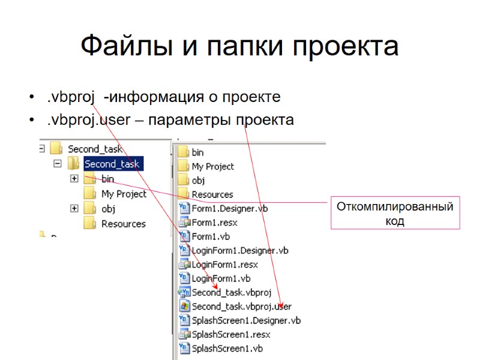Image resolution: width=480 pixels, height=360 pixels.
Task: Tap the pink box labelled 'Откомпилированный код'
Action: point(394,214)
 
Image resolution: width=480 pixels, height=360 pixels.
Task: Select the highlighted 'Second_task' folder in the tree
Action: point(112,164)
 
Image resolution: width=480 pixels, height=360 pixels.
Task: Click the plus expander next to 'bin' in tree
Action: point(74,178)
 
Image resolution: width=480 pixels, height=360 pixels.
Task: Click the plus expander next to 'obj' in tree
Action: point(74,208)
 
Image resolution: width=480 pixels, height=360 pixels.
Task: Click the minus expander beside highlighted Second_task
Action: point(58,163)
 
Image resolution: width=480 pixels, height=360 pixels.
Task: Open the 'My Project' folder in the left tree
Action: point(123,194)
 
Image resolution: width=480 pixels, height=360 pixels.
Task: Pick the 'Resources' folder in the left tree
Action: point(123,224)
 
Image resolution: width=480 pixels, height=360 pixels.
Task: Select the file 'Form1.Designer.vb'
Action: point(229,208)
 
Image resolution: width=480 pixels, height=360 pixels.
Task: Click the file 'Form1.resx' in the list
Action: point(215,223)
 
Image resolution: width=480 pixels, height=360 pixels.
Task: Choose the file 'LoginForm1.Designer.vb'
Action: point(239,250)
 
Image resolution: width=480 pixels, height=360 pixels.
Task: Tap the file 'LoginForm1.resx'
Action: point(224,264)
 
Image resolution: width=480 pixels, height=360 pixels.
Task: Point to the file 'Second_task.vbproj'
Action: point(232,292)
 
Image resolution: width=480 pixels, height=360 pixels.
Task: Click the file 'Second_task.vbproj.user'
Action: point(241,306)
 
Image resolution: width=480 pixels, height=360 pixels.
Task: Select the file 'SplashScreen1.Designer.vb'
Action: point(246,320)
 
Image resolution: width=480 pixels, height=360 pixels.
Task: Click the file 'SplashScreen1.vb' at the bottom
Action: point(227,348)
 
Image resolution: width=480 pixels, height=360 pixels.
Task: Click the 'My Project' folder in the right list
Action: point(212,166)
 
